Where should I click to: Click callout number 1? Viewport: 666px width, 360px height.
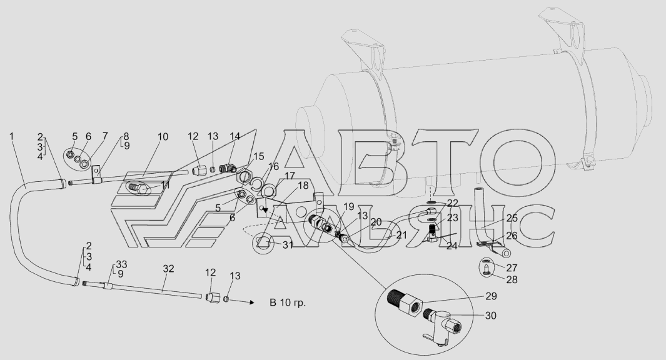coord(11,136)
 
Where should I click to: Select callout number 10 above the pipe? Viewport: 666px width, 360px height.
coord(163,137)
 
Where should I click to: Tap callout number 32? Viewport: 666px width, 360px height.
coord(169,269)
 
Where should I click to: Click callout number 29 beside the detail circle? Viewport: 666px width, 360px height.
coord(491,296)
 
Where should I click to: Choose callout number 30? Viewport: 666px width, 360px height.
coord(491,316)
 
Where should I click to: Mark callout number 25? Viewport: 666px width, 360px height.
coord(512,219)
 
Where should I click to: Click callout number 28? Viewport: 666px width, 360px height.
coord(512,279)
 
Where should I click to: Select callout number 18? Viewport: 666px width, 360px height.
coord(303,185)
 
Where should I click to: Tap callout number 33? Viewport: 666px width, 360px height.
coord(121,265)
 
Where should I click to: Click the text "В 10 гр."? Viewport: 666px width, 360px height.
coord(288,302)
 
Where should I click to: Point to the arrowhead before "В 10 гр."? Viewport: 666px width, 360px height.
coord(252,302)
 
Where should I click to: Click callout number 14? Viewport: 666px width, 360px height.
coord(235,136)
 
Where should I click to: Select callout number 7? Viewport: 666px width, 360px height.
coord(105,136)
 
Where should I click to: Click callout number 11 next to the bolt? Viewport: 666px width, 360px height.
coord(165,185)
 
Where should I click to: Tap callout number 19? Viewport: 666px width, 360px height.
coord(349,207)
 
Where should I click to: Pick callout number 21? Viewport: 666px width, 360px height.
coord(402,235)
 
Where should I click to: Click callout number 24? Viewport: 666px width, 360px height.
coord(452,246)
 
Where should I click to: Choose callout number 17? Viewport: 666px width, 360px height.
coord(290,176)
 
